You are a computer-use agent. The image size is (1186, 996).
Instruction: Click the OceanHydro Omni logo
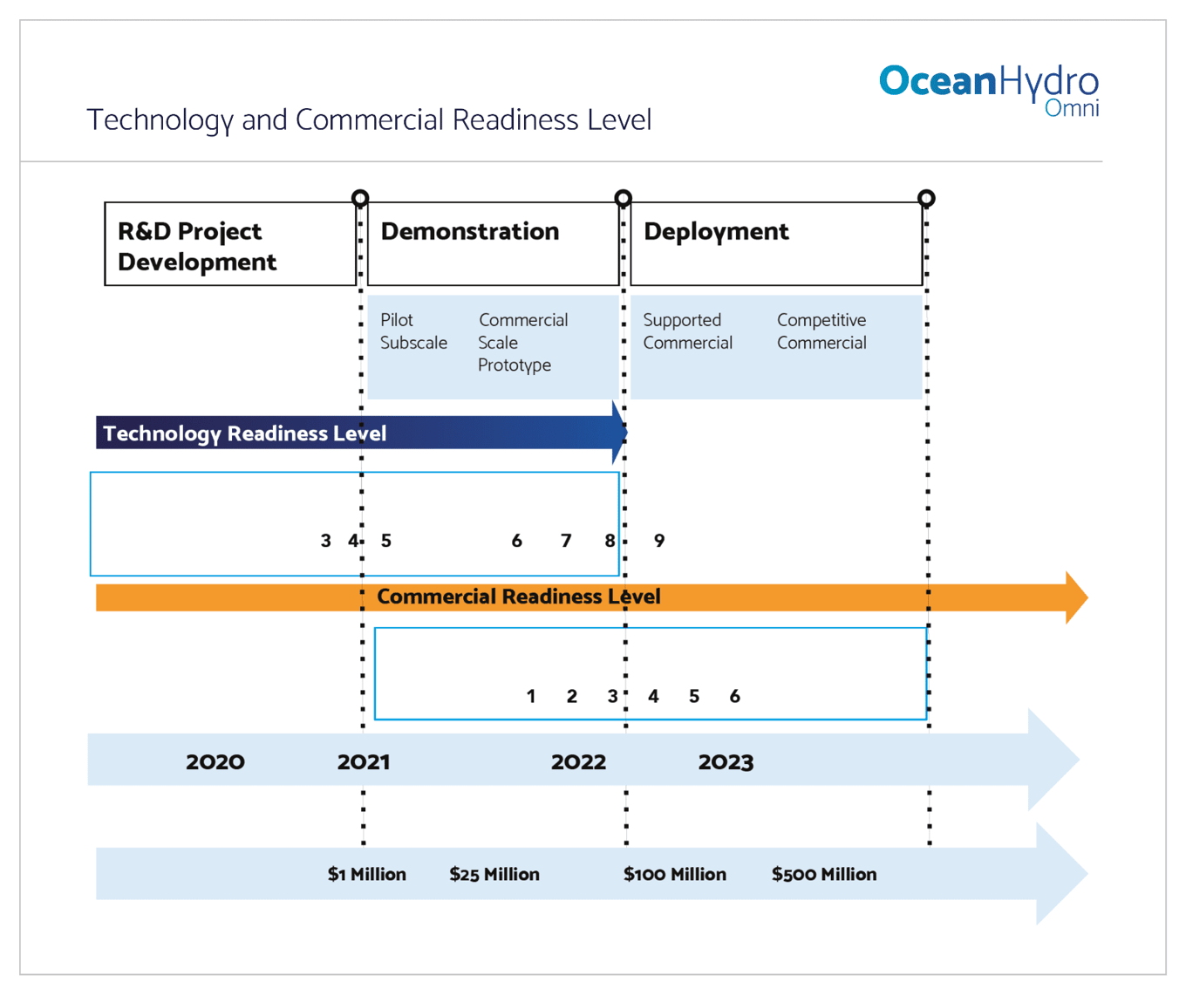(x=989, y=90)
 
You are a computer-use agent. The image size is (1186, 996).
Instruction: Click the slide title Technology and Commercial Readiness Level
(x=369, y=120)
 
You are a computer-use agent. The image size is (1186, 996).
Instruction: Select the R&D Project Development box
(x=230, y=243)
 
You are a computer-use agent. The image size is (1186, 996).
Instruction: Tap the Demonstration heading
(x=470, y=231)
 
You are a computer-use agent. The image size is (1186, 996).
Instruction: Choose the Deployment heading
(x=716, y=232)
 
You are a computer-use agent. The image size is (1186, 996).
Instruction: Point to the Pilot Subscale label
(x=413, y=331)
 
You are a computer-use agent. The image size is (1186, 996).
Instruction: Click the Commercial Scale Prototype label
(x=522, y=342)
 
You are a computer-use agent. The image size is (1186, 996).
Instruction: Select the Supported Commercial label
(x=687, y=331)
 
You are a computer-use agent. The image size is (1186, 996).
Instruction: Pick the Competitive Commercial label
(x=821, y=331)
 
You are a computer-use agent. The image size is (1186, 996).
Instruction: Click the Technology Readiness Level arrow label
(x=244, y=433)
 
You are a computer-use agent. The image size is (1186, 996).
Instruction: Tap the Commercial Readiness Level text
(x=518, y=597)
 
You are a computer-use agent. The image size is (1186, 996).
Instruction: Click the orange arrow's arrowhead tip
(x=1087, y=597)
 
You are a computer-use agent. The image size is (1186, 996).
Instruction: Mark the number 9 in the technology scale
(x=659, y=541)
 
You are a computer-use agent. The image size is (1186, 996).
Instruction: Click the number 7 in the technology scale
(x=566, y=541)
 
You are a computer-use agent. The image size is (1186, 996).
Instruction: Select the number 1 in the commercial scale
(x=531, y=696)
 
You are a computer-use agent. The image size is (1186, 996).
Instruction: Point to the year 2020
(x=215, y=762)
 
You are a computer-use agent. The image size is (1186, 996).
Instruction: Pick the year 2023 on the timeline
(x=726, y=762)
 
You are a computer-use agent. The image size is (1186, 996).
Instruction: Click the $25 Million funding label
(x=494, y=874)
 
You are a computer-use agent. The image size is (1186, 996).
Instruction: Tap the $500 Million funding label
(x=823, y=874)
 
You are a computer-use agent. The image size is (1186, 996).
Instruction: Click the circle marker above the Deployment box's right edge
(x=926, y=198)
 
